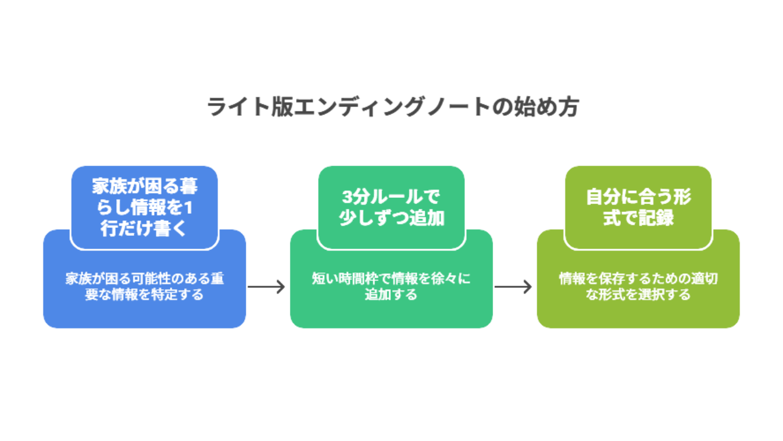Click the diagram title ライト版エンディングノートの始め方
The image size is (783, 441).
(393, 107)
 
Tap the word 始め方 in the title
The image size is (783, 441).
(546, 107)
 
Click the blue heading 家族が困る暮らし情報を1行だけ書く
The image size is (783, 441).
(144, 207)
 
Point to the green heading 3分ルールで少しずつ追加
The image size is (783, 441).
(391, 207)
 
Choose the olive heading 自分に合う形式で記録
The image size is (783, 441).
(638, 207)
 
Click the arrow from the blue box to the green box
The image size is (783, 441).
(266, 287)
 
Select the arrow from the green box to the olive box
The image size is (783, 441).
(513, 287)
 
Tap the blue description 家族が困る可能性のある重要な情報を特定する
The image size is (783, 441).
(144, 286)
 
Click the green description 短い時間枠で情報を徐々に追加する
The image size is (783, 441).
(391, 286)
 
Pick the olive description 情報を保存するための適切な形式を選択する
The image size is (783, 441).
(638, 286)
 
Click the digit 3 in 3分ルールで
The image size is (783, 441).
(347, 197)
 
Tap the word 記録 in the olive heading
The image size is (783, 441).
(656, 217)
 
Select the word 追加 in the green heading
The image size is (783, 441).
(427, 217)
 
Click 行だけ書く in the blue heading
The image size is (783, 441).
(144, 228)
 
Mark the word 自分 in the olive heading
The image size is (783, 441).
(603, 197)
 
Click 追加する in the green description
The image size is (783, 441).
(391, 295)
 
